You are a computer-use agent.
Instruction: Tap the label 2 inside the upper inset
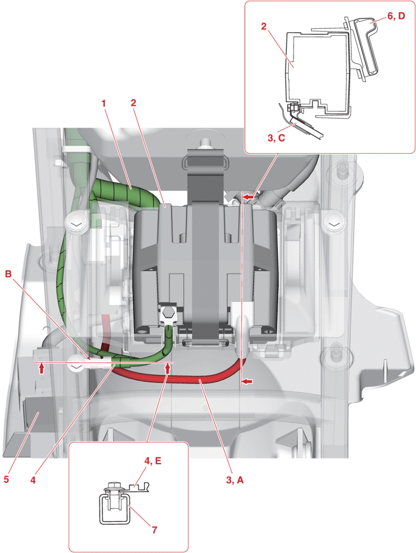pos(264,26)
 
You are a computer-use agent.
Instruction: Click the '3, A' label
pos(234,480)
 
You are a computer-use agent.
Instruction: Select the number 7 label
pos(154,530)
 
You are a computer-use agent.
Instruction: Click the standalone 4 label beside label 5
pos(33,479)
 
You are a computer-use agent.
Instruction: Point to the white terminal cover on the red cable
pos(241,315)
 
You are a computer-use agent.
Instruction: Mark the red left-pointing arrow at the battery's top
pos(248,197)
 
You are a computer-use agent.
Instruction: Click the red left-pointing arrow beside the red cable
pos(247,380)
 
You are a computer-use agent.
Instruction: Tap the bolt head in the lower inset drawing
pos(114,487)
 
